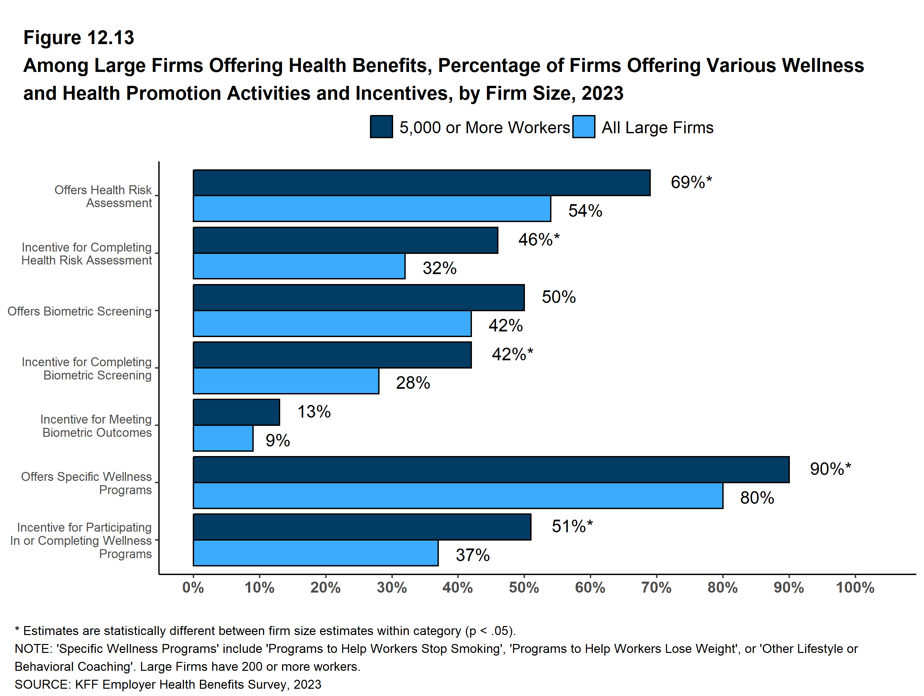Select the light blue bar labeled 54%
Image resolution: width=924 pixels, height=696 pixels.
[x=372, y=208]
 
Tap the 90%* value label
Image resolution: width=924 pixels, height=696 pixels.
[x=830, y=469]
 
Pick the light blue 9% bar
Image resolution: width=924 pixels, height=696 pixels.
[x=223, y=438]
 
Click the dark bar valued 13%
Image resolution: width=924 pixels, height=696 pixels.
[x=236, y=412]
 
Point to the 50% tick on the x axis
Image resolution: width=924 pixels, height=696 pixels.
[x=524, y=588]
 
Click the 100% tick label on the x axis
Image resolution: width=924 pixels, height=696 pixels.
[x=855, y=588]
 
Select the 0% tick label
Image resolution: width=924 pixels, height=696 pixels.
[x=193, y=588]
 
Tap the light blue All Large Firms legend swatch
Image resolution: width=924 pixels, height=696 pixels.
[x=584, y=127]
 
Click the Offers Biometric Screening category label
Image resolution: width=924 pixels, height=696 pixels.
[x=79, y=312]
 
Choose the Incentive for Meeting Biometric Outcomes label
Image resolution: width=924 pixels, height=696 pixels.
[x=96, y=426]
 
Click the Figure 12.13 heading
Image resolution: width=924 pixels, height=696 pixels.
[x=78, y=38]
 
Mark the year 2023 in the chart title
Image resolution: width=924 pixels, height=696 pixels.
[x=602, y=93]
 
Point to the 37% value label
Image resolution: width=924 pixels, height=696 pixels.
[x=473, y=555]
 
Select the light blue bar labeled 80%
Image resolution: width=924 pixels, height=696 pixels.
[x=458, y=496]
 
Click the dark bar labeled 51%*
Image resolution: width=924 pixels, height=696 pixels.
[x=362, y=527]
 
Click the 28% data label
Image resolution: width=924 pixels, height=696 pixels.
[x=413, y=383]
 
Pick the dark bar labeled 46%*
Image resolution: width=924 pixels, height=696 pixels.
[x=345, y=240]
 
